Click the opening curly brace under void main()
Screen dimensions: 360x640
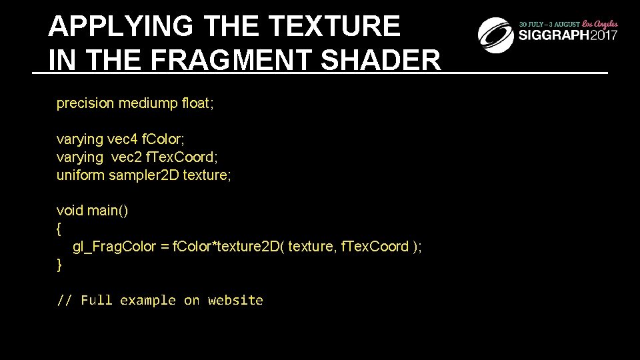[x=59, y=229]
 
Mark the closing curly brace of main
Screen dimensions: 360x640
[x=59, y=265]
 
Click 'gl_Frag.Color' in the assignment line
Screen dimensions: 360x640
[x=115, y=247]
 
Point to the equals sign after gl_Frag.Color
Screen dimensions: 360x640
[x=165, y=247]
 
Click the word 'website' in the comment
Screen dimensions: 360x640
[x=235, y=301]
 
